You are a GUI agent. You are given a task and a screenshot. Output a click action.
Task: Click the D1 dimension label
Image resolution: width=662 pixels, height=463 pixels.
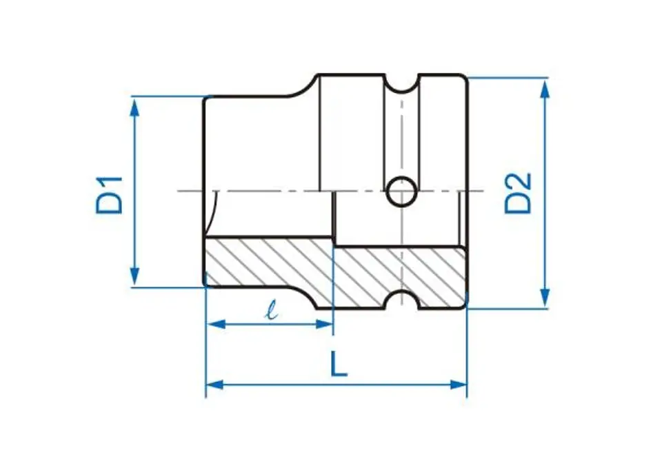click(x=110, y=195)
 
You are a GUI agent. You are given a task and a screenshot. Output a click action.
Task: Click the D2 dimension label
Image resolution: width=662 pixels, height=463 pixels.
click(x=518, y=193)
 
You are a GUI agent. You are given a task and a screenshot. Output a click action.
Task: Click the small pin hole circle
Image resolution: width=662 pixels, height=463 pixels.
click(x=401, y=191)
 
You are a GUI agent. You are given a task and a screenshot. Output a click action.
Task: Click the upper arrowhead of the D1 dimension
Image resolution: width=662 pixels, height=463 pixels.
click(x=134, y=109)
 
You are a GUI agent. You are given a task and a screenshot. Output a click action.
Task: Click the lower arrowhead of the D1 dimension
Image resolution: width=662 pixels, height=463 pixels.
click(x=134, y=276)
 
